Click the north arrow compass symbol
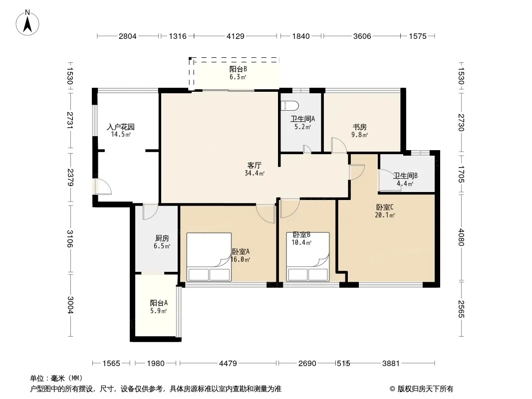click(x=27, y=23)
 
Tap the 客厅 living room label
click(x=254, y=165)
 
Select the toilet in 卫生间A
click(x=289, y=105)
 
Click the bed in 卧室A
click(x=209, y=257)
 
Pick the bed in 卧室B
click(x=308, y=257)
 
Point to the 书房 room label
click(x=360, y=127)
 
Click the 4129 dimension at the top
click(x=236, y=36)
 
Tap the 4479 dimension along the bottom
click(x=228, y=364)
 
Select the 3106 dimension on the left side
click(x=70, y=239)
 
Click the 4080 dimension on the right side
click(x=461, y=237)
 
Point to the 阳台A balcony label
click(x=159, y=303)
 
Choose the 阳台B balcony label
click(x=238, y=69)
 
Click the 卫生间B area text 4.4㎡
click(x=405, y=184)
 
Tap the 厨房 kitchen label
click(x=162, y=238)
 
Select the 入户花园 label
click(x=121, y=127)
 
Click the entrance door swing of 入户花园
click(x=103, y=187)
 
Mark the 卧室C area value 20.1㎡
click(x=385, y=215)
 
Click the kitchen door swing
click(x=150, y=212)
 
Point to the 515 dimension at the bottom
click(x=343, y=364)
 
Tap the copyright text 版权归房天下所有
click(x=426, y=389)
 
